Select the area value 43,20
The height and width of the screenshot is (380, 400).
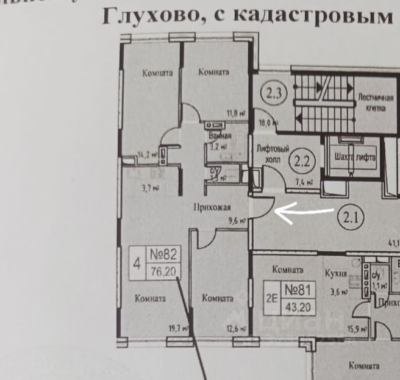tap(298, 307)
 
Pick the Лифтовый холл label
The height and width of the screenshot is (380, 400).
tap(268, 152)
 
